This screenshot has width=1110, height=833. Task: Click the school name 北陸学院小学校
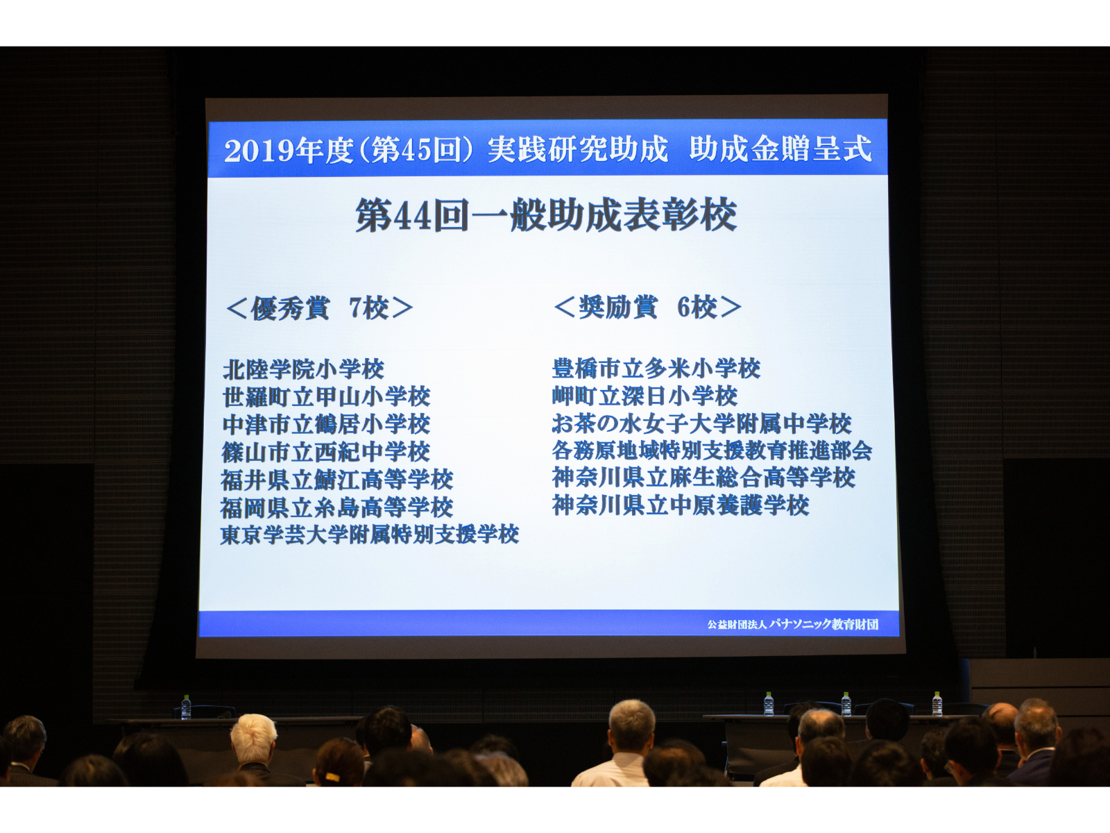[x=303, y=370]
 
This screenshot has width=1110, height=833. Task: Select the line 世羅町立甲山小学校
[x=326, y=397]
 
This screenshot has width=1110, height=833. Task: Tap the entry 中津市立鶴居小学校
[x=326, y=424]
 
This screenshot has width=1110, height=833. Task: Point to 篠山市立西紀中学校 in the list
[x=326, y=452]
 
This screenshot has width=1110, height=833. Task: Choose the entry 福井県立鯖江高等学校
[x=336, y=480]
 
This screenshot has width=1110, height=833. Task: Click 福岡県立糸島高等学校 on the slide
[x=336, y=507]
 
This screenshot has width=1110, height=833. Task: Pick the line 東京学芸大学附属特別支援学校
[x=370, y=535]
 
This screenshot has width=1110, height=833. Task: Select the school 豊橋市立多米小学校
[x=656, y=368]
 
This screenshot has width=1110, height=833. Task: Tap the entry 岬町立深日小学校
[x=644, y=396]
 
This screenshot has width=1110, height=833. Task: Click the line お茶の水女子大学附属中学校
[x=702, y=423]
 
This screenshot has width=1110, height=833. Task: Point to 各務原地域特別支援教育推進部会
[x=712, y=450]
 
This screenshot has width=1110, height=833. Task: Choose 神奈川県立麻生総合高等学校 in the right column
[x=703, y=478]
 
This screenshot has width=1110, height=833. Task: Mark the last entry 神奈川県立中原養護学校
[x=681, y=505]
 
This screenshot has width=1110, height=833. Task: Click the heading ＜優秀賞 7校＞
[x=319, y=308]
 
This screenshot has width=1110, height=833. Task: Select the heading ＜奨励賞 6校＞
[x=648, y=307]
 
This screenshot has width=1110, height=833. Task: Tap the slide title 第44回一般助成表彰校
[x=546, y=215]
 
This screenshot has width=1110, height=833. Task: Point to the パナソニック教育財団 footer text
[x=823, y=624]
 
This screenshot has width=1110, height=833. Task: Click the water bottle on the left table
[x=186, y=707]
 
